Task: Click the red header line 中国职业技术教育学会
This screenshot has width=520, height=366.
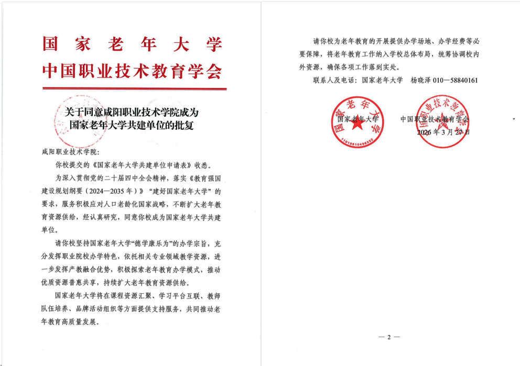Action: pyautogui.click(x=129, y=72)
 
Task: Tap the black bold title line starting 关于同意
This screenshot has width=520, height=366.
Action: pyautogui.click(x=129, y=112)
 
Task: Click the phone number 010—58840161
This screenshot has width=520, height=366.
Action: pyautogui.click(x=452, y=81)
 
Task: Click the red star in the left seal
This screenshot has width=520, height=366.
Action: pyautogui.click(x=356, y=126)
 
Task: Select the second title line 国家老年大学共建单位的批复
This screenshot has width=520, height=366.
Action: pyautogui.click(x=129, y=125)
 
